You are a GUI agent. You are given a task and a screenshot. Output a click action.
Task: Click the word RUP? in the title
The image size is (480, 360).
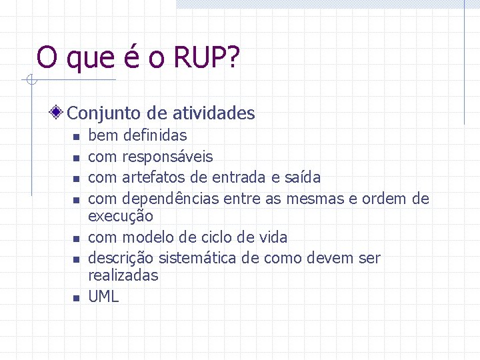pyautogui.click(x=206, y=58)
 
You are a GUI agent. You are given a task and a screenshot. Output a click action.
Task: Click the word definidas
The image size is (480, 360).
pyautogui.click(x=155, y=135)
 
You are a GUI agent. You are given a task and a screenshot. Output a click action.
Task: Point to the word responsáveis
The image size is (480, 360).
pyautogui.click(x=167, y=157)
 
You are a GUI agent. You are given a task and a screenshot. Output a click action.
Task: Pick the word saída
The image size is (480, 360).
pyautogui.click(x=303, y=177)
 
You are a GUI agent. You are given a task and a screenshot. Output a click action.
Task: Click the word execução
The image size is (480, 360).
pyautogui.click(x=121, y=216)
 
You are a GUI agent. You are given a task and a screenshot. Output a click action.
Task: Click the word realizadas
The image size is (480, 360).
pyautogui.click(x=123, y=275)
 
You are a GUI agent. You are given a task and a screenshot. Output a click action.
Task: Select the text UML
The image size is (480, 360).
pyautogui.click(x=103, y=297)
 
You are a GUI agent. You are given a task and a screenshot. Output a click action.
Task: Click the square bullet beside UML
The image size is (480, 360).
pyautogui.click(x=76, y=298)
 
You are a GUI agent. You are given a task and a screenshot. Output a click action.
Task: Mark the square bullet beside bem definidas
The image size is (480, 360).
pyautogui.click(x=76, y=137)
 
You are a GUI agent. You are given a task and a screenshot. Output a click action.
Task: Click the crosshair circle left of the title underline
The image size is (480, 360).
pyautogui.click(x=30, y=81)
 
